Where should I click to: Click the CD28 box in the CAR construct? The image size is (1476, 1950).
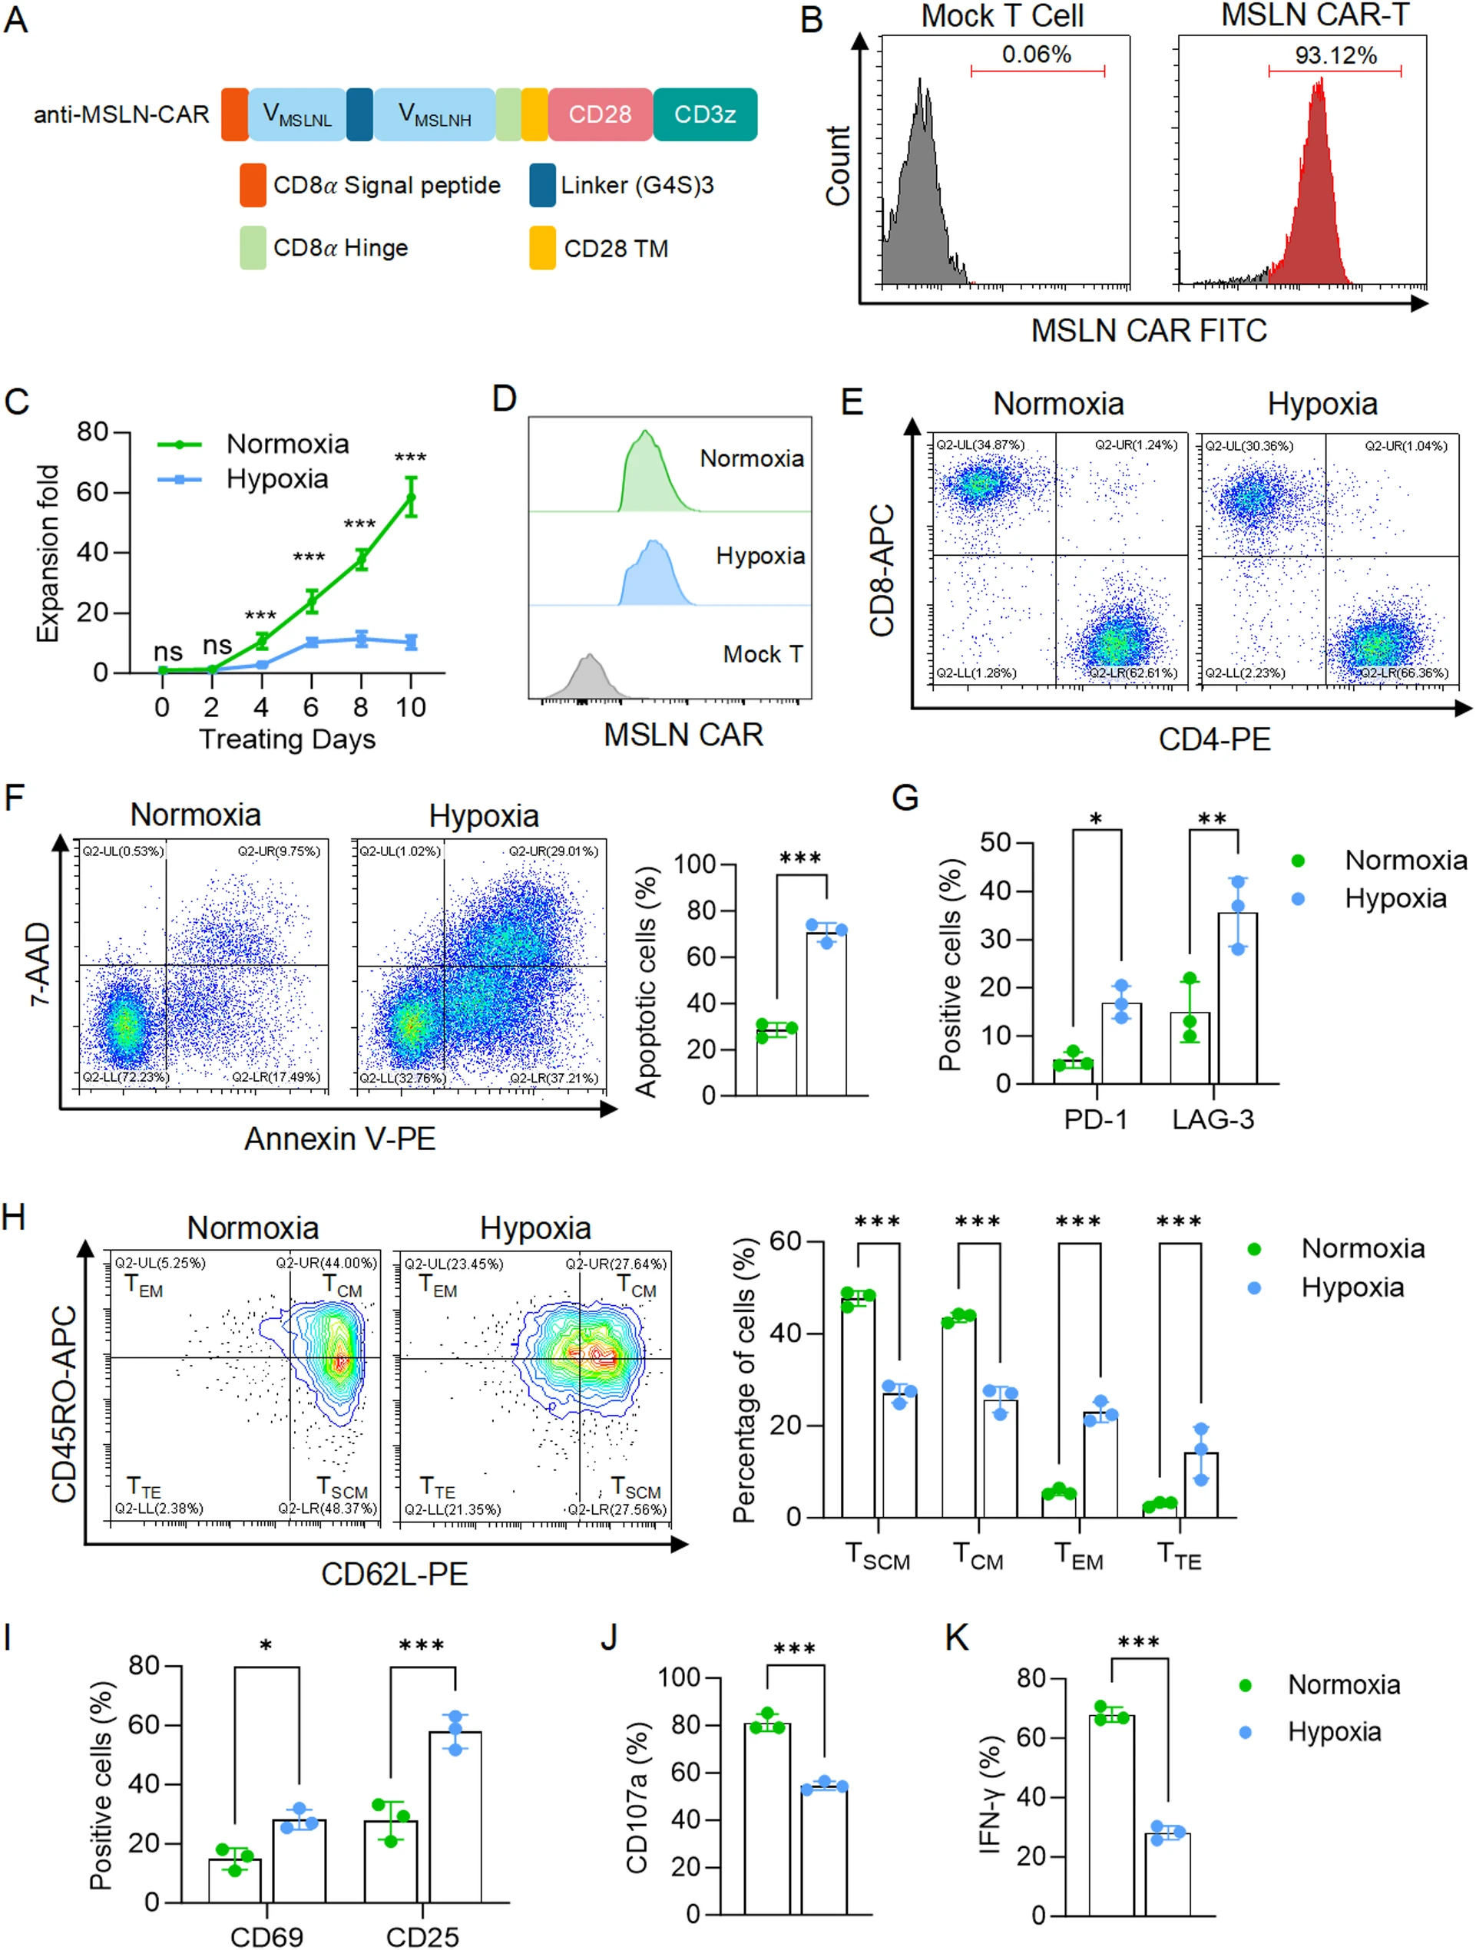[x=600, y=114]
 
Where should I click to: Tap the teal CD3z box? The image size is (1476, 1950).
[x=704, y=114]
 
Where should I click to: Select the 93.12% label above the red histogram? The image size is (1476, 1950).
[x=1335, y=55]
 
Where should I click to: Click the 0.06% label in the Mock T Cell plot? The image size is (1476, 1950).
[x=1036, y=55]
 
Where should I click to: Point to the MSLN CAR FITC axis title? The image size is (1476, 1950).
[x=1149, y=332]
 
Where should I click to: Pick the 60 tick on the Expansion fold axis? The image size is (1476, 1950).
[x=91, y=492]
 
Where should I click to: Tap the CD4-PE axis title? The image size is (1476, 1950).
[x=1214, y=739]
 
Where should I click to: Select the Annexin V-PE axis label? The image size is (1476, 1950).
[x=339, y=1139]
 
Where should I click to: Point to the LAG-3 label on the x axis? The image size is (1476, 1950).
[x=1213, y=1119]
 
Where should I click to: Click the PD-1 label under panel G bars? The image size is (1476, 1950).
[x=1095, y=1119]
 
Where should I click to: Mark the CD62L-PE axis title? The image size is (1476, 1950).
[x=394, y=1575]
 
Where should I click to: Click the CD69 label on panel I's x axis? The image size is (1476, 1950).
[x=266, y=1937]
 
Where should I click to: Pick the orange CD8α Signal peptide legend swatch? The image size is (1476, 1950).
[x=253, y=185]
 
